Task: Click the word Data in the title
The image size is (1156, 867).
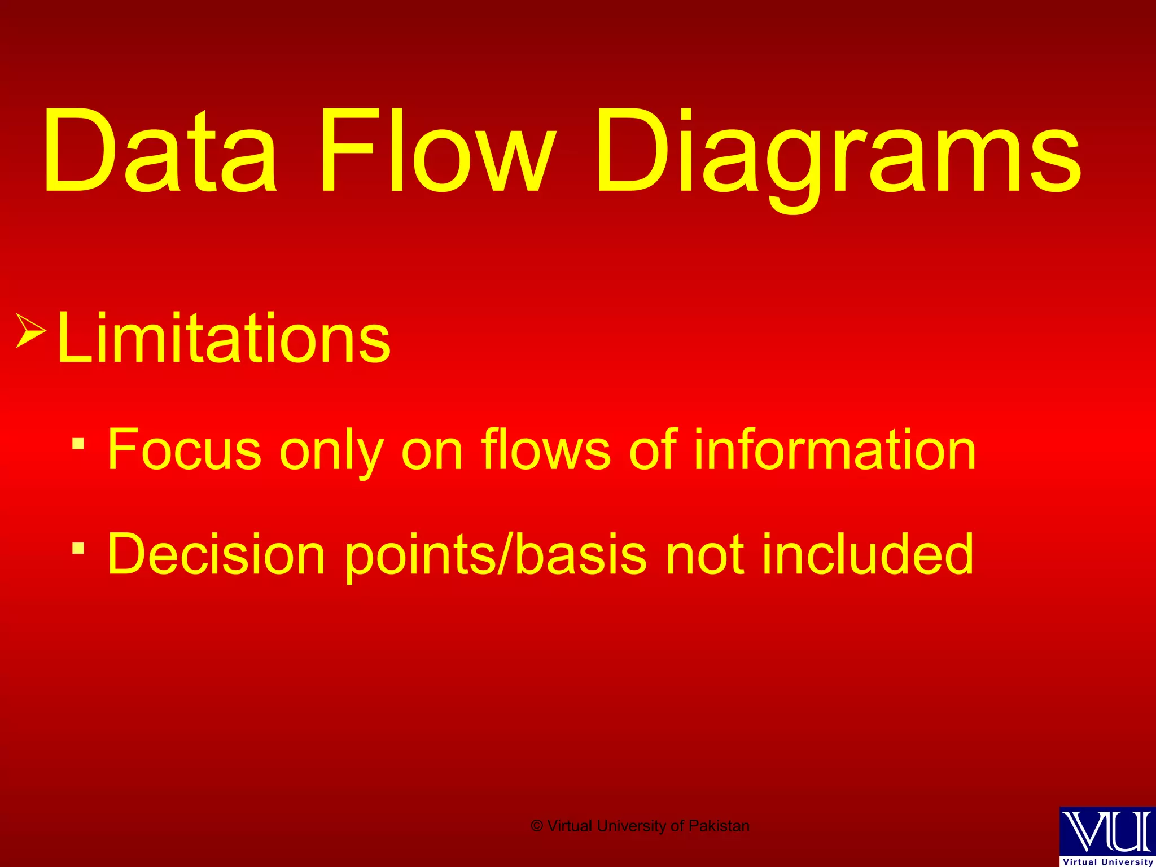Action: pyautogui.click(x=160, y=151)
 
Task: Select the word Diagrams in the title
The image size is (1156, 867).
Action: pyautogui.click(x=839, y=155)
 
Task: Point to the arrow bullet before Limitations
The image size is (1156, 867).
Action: pyautogui.click(x=30, y=330)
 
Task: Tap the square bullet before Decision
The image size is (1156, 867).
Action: pyautogui.click(x=78, y=548)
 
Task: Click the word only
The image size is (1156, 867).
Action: pyautogui.click(x=332, y=452)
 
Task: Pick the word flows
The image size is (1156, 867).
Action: pyautogui.click(x=546, y=449)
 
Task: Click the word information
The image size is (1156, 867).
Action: pyautogui.click(x=835, y=449)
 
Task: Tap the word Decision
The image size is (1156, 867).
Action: pyautogui.click(x=216, y=554)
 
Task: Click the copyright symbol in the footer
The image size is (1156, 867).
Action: pyautogui.click(x=537, y=826)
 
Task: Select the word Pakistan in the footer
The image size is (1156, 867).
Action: pyautogui.click(x=719, y=826)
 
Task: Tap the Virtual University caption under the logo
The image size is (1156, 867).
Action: pyautogui.click(x=1108, y=862)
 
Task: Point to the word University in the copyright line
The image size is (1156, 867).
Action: pyautogui.click(x=632, y=826)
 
